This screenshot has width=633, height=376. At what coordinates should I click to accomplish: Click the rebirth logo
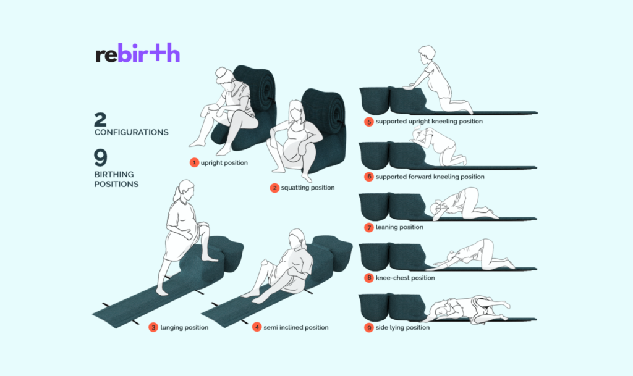[138, 53]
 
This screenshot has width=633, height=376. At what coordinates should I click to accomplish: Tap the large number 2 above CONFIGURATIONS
[100, 120]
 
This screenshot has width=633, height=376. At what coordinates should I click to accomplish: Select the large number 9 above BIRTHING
[101, 157]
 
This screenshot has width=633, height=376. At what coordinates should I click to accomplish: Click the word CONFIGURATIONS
[132, 132]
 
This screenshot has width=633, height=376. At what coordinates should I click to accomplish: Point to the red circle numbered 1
[194, 162]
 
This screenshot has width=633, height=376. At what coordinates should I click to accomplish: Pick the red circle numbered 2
[274, 188]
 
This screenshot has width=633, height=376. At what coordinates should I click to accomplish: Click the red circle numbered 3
[153, 327]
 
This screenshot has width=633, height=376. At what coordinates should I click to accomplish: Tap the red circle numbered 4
[257, 327]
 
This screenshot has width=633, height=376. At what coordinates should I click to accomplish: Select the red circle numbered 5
[368, 121]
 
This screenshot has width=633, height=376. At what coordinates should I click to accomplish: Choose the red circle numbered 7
[368, 227]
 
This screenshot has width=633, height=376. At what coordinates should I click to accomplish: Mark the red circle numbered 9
[368, 328]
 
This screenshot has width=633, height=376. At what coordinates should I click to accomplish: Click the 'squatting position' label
[308, 188]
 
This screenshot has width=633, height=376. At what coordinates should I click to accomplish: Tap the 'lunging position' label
[184, 327]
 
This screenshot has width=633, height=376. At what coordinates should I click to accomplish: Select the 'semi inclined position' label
[296, 327]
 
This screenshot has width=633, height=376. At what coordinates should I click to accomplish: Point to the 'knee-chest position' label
[405, 278]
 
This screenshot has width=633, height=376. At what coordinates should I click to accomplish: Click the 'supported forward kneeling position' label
[430, 177]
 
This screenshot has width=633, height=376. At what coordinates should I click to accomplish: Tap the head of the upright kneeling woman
[427, 54]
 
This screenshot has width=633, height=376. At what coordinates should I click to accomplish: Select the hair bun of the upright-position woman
[221, 72]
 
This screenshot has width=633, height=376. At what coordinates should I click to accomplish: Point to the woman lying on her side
[469, 309]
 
